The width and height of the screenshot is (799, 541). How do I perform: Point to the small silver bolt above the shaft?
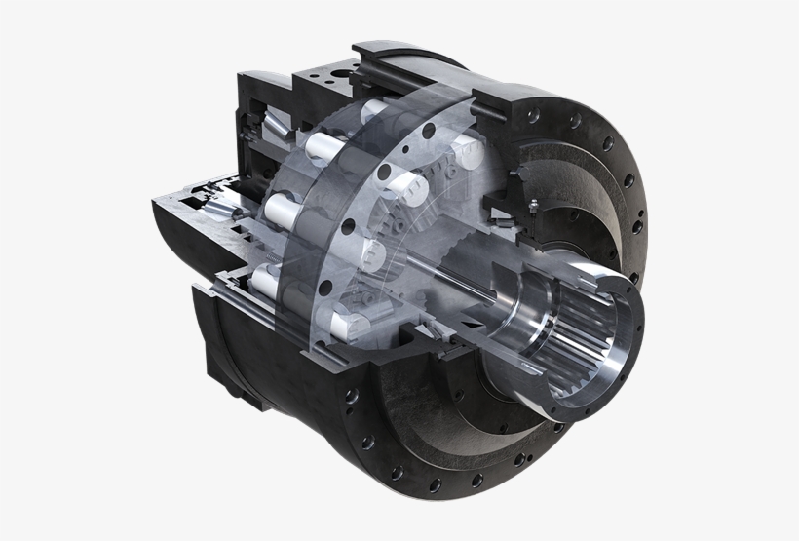[x=535, y=204]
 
